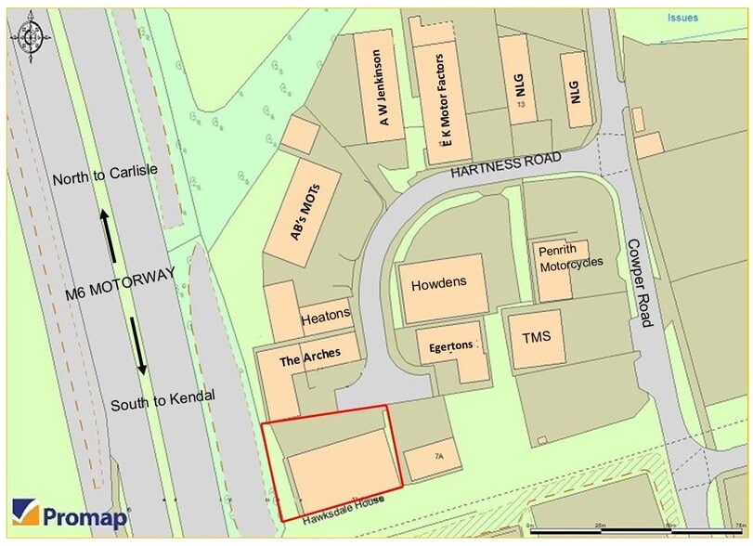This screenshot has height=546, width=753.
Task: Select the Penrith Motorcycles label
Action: (x=567, y=255)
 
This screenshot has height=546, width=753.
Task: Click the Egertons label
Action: (x=451, y=348)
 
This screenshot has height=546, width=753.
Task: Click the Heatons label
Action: (x=326, y=316)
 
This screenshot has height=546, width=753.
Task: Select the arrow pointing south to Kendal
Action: (x=139, y=344)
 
